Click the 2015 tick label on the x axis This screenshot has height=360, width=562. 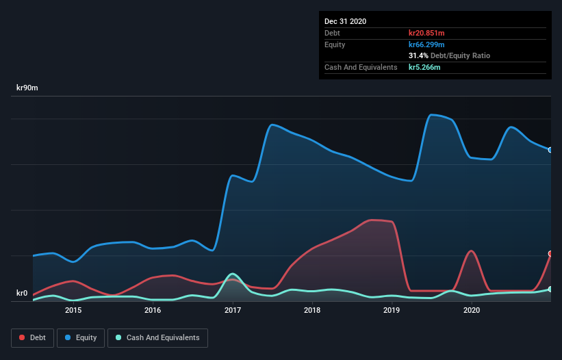pyautogui.click(x=73, y=310)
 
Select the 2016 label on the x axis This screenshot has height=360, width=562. pyautogui.click(x=153, y=310)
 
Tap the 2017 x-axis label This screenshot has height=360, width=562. pyautogui.click(x=233, y=310)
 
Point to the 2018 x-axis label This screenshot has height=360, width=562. pyautogui.click(x=312, y=310)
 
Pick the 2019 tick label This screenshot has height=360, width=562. pyautogui.click(x=392, y=310)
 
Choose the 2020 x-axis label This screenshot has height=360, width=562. pyautogui.click(x=472, y=310)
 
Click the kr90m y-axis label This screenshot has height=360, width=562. pyautogui.click(x=27, y=88)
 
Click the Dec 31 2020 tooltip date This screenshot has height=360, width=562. pyautogui.click(x=345, y=21)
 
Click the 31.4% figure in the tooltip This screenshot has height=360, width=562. pyautogui.click(x=418, y=55)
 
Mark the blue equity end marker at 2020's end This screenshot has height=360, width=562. pyautogui.click(x=550, y=150)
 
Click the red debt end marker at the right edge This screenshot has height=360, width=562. pyautogui.click(x=550, y=254)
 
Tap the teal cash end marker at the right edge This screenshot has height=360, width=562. pyautogui.click(x=550, y=290)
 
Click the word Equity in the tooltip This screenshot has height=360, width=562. pyautogui.click(x=335, y=44)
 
